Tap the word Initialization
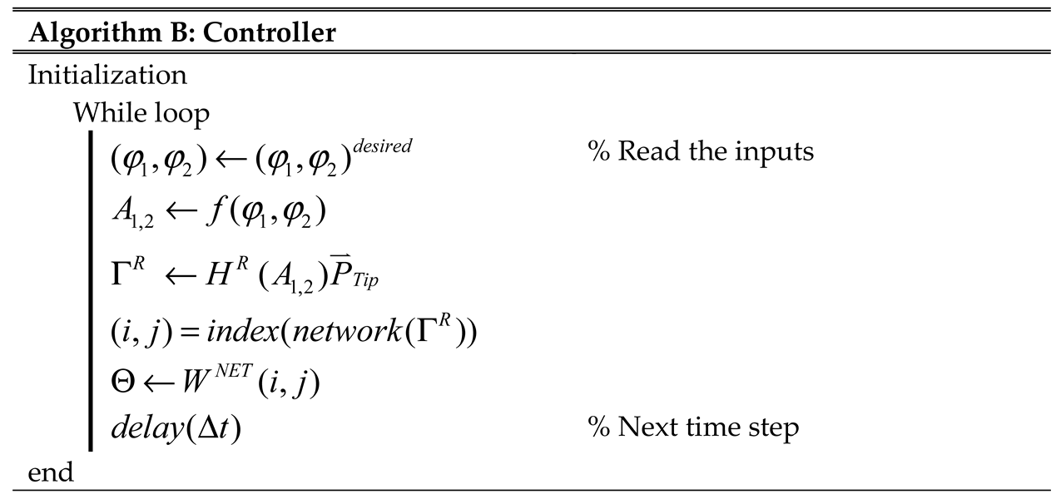[x=107, y=75]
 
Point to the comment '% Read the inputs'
[x=701, y=152]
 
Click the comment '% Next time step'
[x=693, y=427]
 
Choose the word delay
[x=146, y=429]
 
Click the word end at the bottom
[x=51, y=473]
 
